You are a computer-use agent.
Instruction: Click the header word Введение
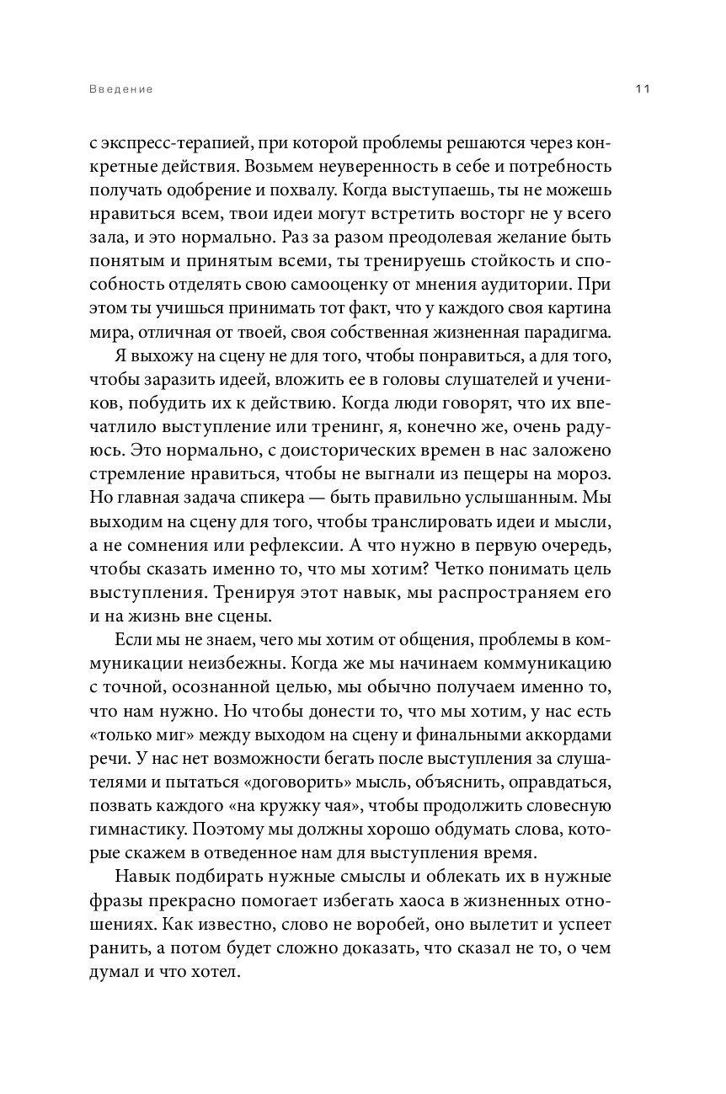pos(120,89)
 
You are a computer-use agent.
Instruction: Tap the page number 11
pos(641,89)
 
